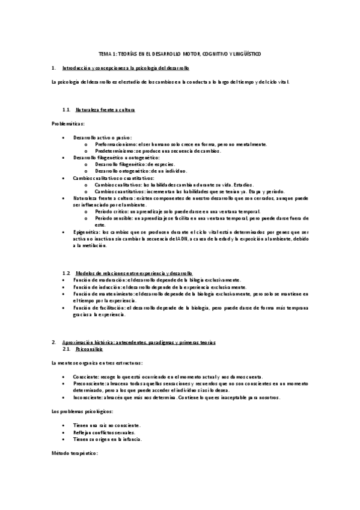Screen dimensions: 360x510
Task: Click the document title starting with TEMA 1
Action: tap(180, 54)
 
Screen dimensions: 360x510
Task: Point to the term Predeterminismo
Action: tap(114, 151)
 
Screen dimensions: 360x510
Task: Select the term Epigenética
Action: tap(87, 232)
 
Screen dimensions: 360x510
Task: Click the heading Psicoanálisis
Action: tap(89, 349)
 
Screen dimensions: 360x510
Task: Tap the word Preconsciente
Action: tap(88, 382)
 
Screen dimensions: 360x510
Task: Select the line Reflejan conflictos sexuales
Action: tap(104, 432)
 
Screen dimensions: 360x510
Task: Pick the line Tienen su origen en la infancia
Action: tap(107, 439)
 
